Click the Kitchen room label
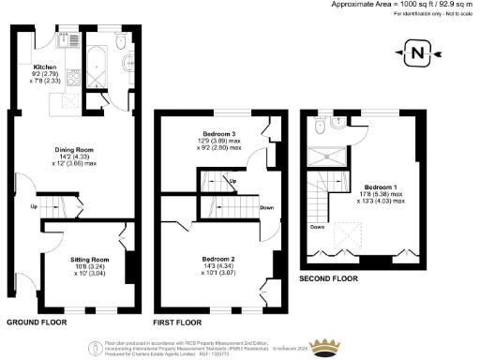[x=45, y=68]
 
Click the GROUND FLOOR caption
[x=35, y=321]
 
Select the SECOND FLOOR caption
[x=331, y=279]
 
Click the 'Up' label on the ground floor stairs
[x=33, y=206]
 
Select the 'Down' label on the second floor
[x=317, y=226]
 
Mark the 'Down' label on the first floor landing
[x=267, y=208]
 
